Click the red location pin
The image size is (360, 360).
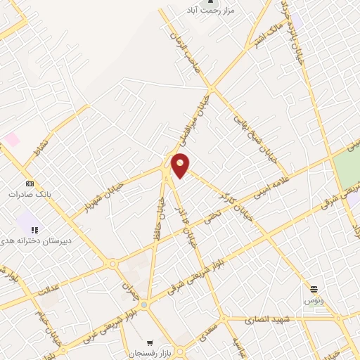pyautogui.click(x=181, y=165)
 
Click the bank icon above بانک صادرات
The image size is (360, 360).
pyautogui.click(x=29, y=184)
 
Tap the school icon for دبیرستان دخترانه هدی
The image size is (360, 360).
pyautogui.click(x=33, y=230)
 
